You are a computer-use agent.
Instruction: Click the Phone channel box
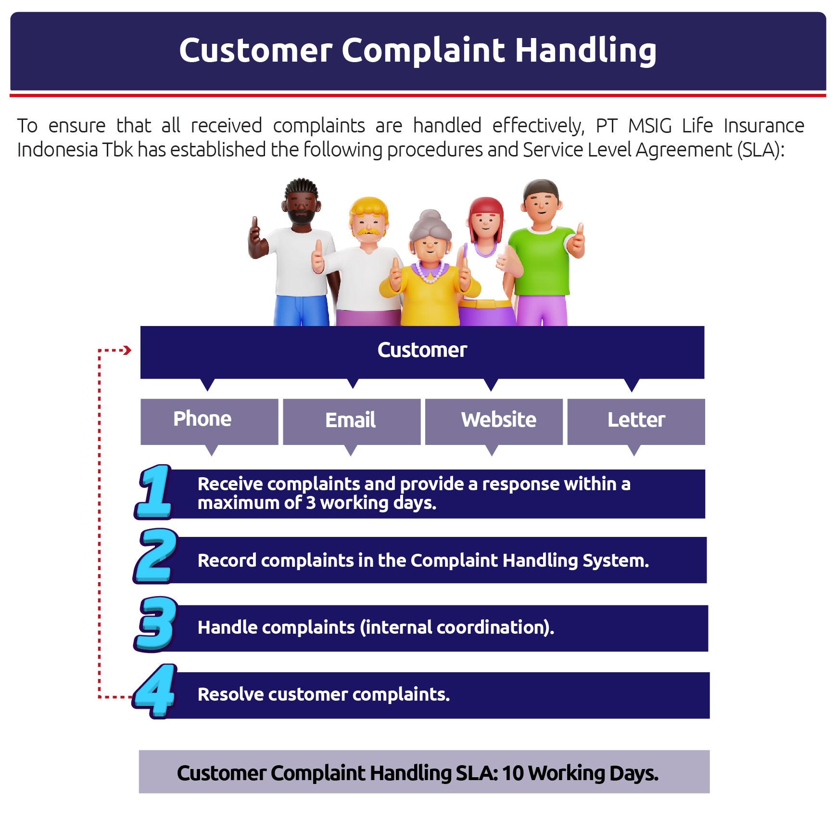(209, 421)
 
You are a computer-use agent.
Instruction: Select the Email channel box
(352, 421)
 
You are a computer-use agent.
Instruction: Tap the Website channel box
(494, 421)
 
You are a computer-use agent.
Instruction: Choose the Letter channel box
(636, 421)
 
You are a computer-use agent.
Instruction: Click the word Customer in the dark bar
(422, 350)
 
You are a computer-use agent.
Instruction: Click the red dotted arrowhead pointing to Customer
(128, 350)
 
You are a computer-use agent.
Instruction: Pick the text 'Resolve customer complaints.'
(324, 694)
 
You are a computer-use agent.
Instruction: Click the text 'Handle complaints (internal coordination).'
(376, 627)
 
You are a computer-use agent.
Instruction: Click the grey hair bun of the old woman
(430, 218)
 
